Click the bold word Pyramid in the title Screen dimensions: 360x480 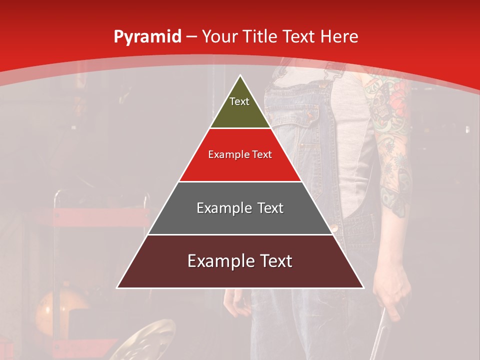[x=147, y=37]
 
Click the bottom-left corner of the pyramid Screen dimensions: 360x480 [x=118, y=287]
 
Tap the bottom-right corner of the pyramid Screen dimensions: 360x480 [x=363, y=287]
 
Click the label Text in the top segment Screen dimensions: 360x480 [x=239, y=101]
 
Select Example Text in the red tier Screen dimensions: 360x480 [x=240, y=154]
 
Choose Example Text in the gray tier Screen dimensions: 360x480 [x=240, y=208]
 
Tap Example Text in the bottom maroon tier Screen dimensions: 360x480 [x=240, y=261]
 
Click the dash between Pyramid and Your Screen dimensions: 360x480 [x=191, y=37]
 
